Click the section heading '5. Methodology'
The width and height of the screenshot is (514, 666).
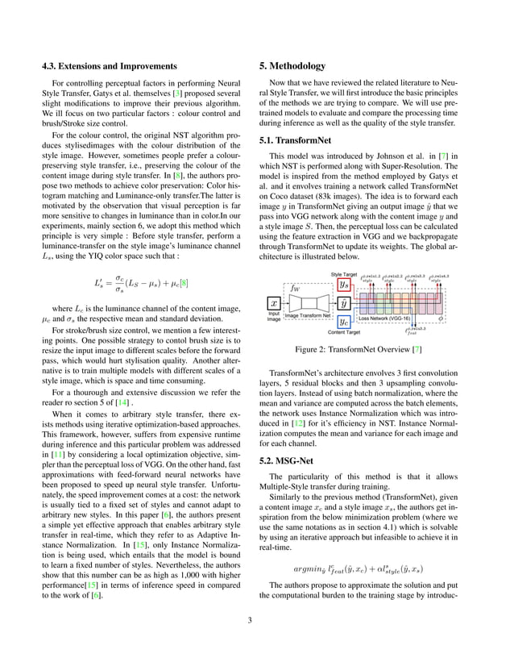[x=292, y=66]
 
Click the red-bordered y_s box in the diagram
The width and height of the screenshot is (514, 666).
[x=344, y=284]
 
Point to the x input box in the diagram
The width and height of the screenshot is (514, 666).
[x=273, y=303]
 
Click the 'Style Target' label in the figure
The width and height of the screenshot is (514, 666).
[x=345, y=274]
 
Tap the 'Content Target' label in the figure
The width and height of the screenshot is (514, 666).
[x=345, y=331]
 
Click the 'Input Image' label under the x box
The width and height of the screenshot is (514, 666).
[x=274, y=317]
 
